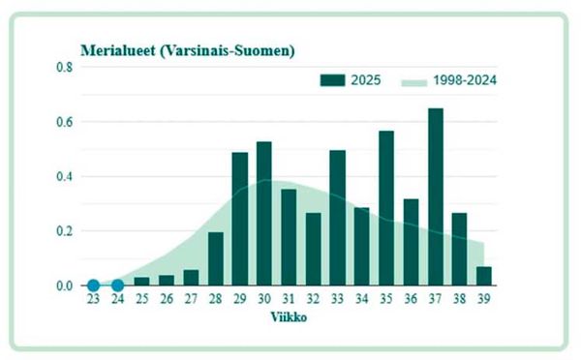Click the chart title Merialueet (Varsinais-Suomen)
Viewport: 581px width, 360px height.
[x=187, y=49]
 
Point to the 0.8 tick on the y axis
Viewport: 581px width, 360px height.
[x=65, y=68]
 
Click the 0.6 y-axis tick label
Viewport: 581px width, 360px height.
[x=65, y=123]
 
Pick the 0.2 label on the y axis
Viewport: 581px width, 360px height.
[x=65, y=231]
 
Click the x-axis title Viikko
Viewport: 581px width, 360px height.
[x=289, y=317]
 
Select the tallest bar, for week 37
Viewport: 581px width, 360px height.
[x=436, y=197]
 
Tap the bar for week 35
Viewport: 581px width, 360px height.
[x=386, y=208]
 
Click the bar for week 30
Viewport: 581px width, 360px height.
[x=263, y=214]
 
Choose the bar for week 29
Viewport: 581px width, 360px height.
[x=239, y=219]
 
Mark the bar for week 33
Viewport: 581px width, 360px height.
[x=337, y=218]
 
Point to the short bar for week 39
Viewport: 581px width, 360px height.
[x=484, y=276]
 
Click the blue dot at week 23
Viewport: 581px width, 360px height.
[x=93, y=285]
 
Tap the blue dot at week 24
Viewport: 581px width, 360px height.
[x=117, y=285]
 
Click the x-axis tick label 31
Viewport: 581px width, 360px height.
[x=289, y=300]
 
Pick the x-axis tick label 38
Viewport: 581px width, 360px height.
[x=460, y=300]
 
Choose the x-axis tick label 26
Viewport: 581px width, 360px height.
[x=166, y=300]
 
